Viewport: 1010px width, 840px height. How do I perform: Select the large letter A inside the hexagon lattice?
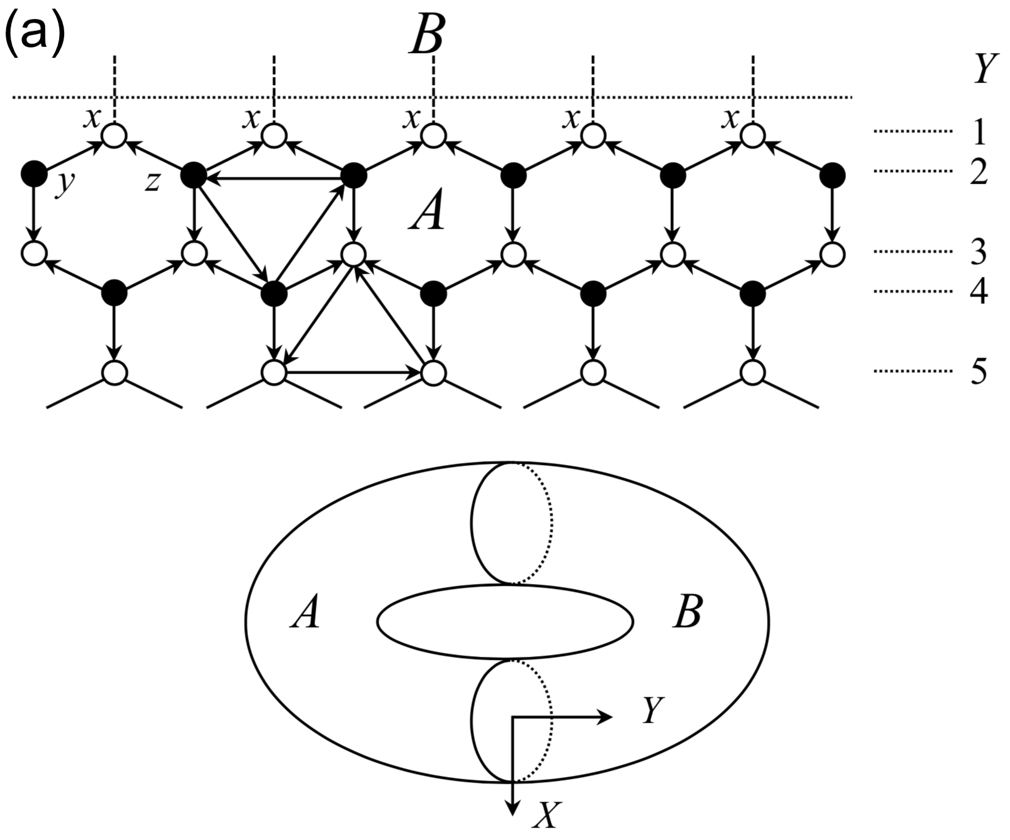coord(427,217)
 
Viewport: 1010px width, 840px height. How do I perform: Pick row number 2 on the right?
coord(978,172)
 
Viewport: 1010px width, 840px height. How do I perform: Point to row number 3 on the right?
coord(978,252)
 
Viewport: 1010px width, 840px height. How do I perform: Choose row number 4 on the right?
coord(978,291)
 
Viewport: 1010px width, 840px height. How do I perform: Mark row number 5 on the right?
coord(978,372)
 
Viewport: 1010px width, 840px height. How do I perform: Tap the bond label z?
coord(152,183)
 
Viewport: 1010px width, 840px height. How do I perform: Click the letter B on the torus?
coord(687,614)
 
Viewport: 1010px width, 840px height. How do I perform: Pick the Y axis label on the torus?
coord(652,710)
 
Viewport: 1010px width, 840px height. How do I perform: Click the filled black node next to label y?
coord(33,175)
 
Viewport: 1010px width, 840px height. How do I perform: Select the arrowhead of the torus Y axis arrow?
coord(607,717)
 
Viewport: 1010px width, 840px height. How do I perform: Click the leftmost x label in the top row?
coord(92,119)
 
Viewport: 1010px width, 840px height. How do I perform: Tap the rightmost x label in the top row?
coord(731,119)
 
